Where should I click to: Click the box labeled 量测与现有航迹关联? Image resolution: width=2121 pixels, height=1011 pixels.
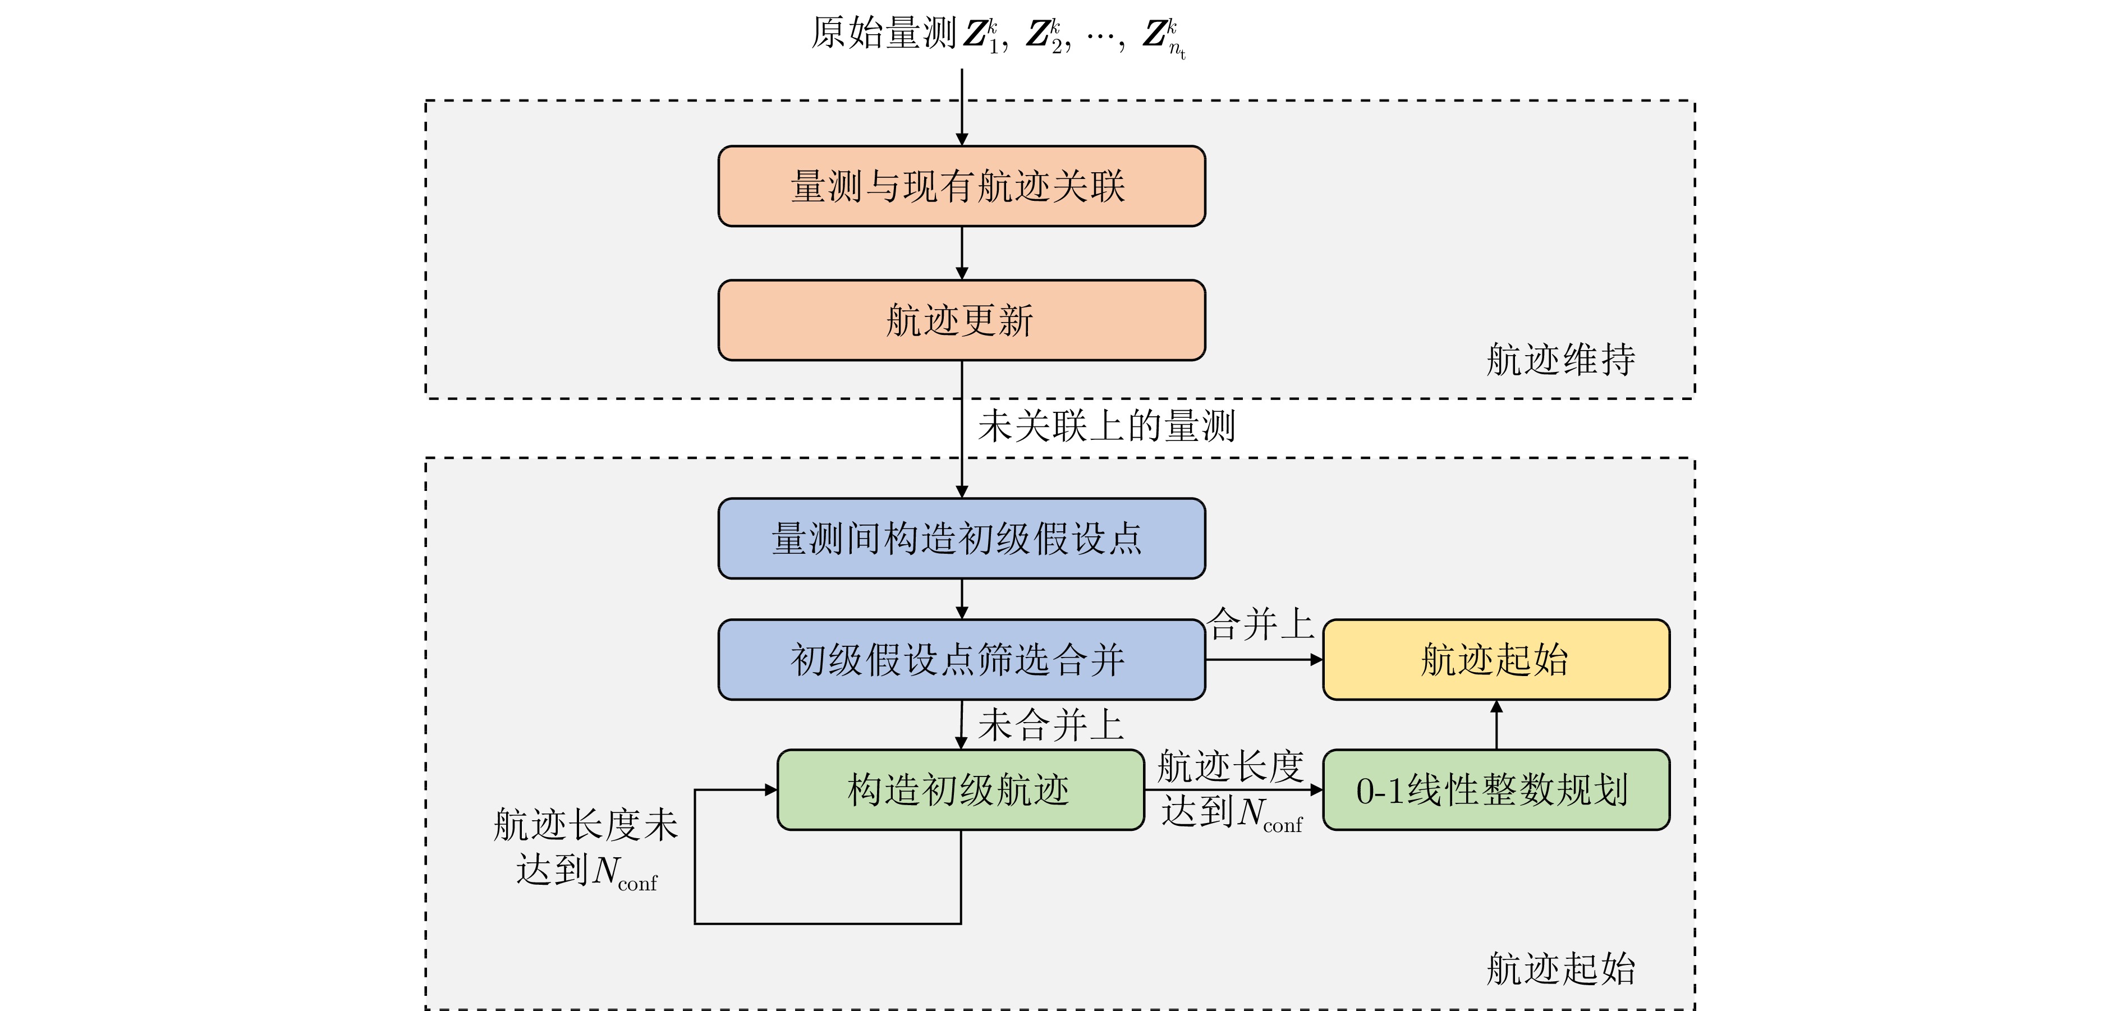(x=961, y=186)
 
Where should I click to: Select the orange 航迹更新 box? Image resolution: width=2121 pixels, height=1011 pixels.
(x=961, y=320)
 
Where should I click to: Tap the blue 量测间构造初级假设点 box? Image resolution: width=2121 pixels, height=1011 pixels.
(x=961, y=539)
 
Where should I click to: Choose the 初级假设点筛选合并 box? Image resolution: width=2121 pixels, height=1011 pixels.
(x=961, y=659)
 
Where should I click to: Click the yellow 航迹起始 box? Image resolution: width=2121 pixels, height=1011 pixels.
(x=1495, y=659)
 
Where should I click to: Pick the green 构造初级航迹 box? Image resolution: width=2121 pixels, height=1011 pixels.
(x=960, y=789)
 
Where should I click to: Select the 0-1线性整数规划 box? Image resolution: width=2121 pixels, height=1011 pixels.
(x=1495, y=789)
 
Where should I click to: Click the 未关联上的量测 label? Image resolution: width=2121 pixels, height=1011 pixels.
(x=1106, y=426)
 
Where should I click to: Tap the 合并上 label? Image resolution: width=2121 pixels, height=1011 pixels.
(x=1260, y=624)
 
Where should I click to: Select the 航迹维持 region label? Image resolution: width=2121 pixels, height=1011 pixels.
(x=1560, y=360)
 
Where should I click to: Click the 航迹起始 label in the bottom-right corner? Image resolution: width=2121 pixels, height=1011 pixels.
(x=1560, y=968)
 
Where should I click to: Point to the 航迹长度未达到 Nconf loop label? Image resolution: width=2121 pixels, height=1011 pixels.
(x=585, y=847)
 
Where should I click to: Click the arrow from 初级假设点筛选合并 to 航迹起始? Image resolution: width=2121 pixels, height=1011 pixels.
(x=1264, y=659)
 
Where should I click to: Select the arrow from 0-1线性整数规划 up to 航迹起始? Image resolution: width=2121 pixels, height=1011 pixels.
(x=1496, y=724)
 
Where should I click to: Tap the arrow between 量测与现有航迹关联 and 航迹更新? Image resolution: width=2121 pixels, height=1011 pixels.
(x=962, y=252)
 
